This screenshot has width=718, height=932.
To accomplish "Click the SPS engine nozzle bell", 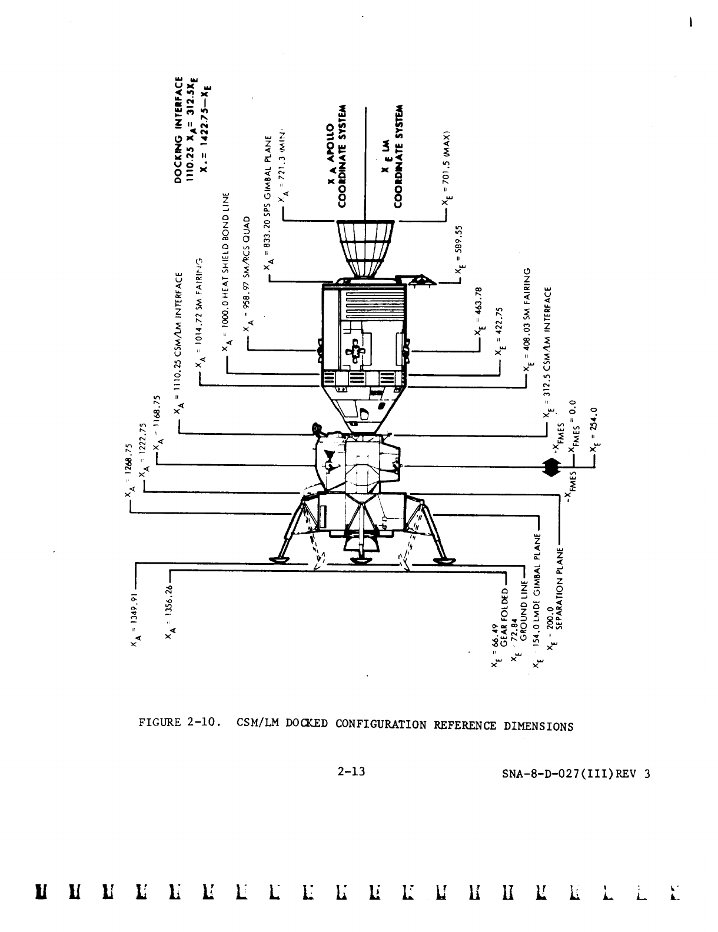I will [x=365, y=248].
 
